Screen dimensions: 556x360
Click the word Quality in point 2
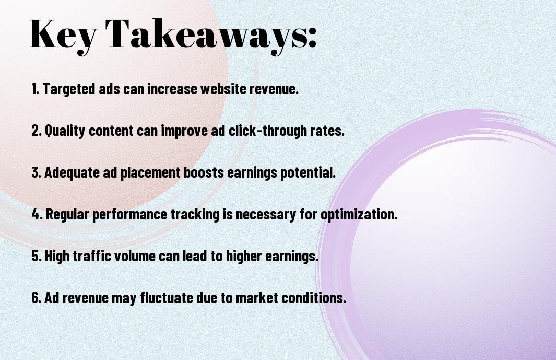click(65, 131)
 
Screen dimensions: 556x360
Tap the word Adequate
click(72, 172)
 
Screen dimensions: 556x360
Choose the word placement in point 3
click(150, 172)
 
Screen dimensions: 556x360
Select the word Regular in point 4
click(67, 214)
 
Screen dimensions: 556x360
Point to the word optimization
click(359, 214)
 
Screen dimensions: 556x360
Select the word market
click(257, 298)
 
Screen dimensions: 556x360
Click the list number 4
click(37, 214)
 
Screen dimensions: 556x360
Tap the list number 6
click(37, 297)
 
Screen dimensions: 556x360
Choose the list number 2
click(37, 131)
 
